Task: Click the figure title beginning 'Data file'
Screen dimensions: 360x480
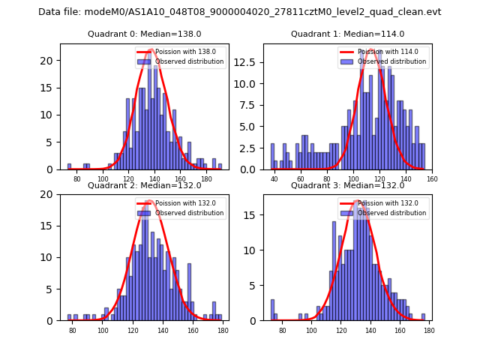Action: coord(239,12)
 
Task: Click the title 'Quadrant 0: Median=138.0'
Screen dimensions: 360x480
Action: coord(145,34)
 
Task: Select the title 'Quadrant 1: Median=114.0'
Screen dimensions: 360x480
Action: coord(347,34)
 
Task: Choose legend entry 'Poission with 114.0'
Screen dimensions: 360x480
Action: coord(385,52)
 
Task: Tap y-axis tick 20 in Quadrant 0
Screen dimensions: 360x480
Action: coord(49,61)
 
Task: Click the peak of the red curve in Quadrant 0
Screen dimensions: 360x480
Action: coord(151,50)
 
